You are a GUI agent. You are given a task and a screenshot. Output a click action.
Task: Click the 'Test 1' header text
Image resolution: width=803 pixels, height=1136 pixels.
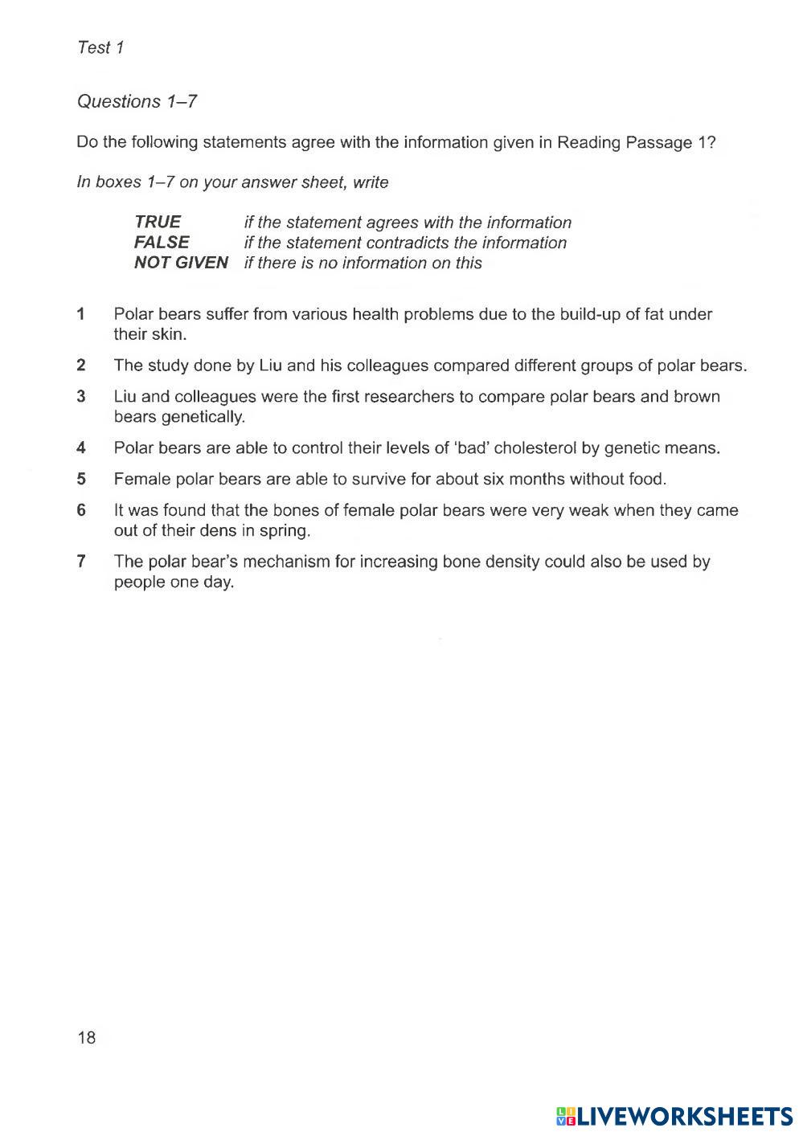pyautogui.click(x=100, y=47)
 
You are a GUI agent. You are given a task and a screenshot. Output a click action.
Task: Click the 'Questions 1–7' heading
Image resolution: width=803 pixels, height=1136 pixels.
pyautogui.click(x=137, y=101)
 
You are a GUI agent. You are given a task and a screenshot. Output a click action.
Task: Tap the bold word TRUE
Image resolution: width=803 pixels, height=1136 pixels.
pyautogui.click(x=158, y=222)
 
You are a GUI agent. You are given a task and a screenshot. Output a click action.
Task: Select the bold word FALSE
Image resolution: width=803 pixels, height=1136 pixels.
pyautogui.click(x=162, y=242)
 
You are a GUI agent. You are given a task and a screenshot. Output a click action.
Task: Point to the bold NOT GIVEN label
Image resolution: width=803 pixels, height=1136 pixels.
pyautogui.click(x=181, y=263)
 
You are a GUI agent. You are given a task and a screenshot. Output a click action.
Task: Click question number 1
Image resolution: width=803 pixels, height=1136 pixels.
pyautogui.click(x=81, y=314)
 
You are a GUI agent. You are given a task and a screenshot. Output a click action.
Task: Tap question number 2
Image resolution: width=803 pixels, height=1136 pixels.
pyautogui.click(x=81, y=366)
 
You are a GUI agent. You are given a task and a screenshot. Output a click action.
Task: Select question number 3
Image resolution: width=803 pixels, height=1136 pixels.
pyautogui.click(x=81, y=396)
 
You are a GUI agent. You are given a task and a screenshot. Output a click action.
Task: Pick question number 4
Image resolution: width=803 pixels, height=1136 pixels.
pyautogui.click(x=81, y=448)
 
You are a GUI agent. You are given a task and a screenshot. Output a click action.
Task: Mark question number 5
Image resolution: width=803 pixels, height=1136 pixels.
pyautogui.click(x=81, y=480)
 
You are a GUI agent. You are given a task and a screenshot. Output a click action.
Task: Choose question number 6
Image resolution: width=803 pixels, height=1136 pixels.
pyautogui.click(x=81, y=510)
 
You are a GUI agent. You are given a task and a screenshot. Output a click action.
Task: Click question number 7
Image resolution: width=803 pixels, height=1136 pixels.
pyautogui.click(x=81, y=562)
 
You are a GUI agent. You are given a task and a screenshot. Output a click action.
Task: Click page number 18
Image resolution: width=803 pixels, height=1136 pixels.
pyautogui.click(x=86, y=1037)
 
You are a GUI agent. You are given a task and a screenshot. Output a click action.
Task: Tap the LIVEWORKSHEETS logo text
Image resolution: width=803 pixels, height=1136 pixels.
pyautogui.click(x=684, y=1115)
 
